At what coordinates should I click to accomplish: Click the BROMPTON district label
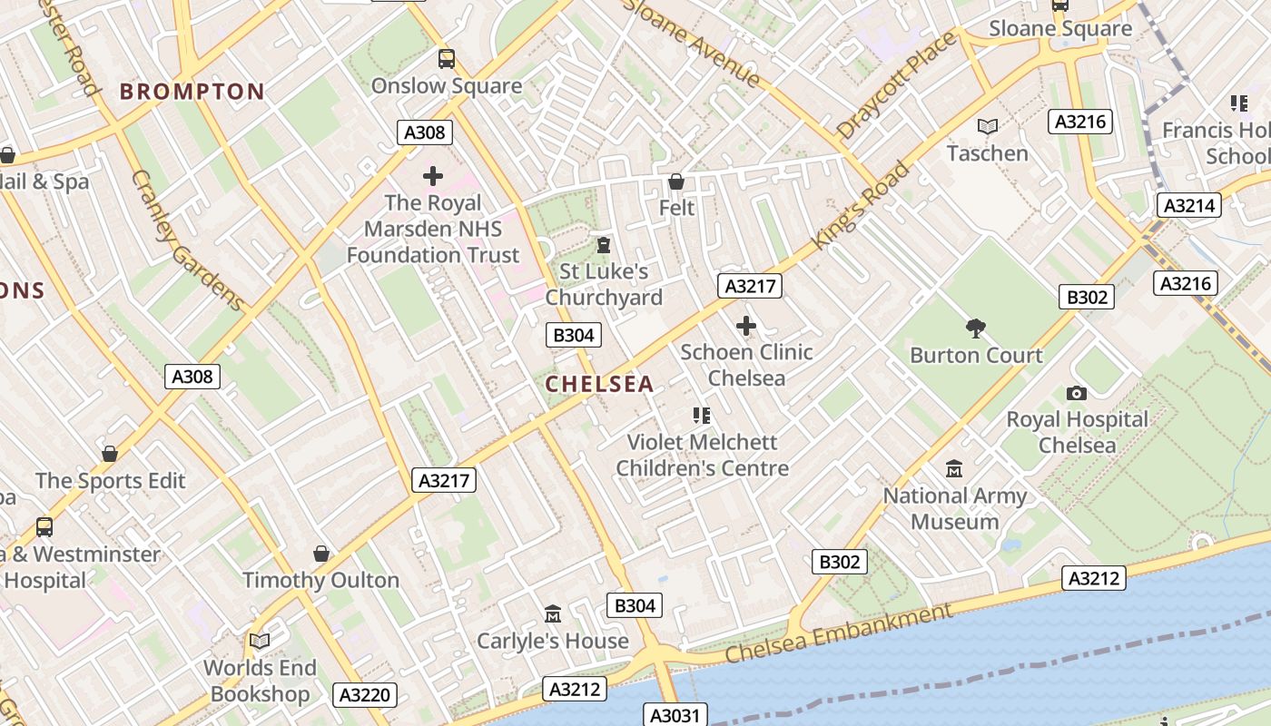(x=192, y=92)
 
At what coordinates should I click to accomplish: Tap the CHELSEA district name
(x=599, y=384)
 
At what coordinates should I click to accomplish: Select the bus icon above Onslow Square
(x=446, y=59)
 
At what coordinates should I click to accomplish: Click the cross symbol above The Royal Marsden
(x=433, y=175)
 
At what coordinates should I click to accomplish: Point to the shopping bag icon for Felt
(x=675, y=181)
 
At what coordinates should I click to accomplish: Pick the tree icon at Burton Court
(x=976, y=328)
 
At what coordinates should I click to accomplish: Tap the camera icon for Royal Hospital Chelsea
(x=1077, y=393)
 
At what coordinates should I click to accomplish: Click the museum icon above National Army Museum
(x=954, y=469)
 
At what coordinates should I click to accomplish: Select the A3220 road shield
(x=365, y=695)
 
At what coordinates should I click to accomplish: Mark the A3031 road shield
(x=675, y=715)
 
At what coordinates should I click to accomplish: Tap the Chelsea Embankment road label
(x=839, y=634)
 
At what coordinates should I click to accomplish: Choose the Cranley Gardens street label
(x=187, y=240)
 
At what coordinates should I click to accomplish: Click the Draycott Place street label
(x=896, y=86)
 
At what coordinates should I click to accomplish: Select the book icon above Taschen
(x=987, y=126)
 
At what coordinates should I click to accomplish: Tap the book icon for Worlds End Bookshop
(x=260, y=641)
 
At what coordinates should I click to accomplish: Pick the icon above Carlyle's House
(x=553, y=614)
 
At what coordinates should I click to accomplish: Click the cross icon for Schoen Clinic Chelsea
(x=746, y=325)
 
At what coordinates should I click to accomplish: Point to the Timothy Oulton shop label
(x=320, y=580)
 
